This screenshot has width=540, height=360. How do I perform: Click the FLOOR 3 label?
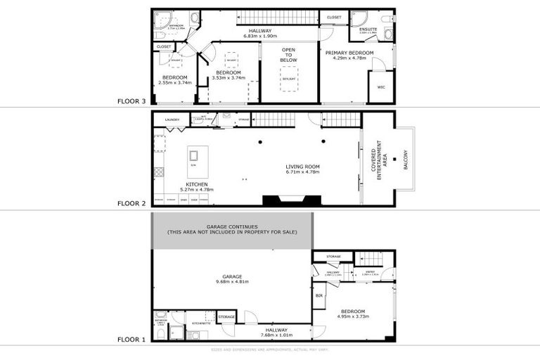tap(131, 101)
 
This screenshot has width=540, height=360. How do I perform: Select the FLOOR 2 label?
tap(131, 204)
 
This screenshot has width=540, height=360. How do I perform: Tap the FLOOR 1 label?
tap(131, 340)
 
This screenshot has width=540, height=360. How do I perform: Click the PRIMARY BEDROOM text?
tap(349, 53)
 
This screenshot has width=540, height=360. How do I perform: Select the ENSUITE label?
tap(368, 29)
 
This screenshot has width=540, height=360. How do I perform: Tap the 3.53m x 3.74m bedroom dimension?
tap(229, 78)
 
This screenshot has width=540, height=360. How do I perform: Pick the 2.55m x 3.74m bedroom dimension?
tap(174, 82)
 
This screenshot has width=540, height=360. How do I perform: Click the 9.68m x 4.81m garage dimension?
tap(232, 282)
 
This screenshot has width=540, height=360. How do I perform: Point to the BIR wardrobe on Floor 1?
tap(319, 295)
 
